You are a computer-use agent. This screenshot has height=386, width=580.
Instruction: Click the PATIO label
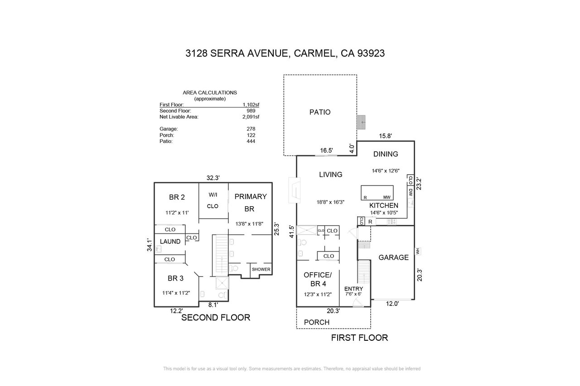tap(320, 112)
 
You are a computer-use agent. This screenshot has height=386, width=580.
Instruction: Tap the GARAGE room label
tap(394, 257)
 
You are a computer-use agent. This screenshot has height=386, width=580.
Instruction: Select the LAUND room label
tap(170, 242)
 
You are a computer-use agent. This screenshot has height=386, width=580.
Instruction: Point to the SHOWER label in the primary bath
tap(261, 269)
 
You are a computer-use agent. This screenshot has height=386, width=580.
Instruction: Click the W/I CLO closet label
tap(213, 200)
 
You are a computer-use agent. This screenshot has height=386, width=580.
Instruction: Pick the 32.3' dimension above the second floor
tap(213, 178)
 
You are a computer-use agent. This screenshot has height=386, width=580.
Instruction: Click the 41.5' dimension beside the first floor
tap(292, 232)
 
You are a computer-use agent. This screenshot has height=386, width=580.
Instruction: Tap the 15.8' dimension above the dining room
tap(386, 136)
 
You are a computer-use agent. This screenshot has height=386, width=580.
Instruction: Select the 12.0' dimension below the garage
tap(392, 304)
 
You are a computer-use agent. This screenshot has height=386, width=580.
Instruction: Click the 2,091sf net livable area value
tap(251, 117)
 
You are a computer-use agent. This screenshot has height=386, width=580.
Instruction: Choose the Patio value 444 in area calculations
tap(251, 141)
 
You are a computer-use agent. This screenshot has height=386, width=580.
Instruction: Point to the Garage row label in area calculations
tap(169, 129)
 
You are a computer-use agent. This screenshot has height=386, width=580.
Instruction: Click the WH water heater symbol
tap(417, 251)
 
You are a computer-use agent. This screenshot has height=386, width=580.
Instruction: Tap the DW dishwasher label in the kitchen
tap(411, 192)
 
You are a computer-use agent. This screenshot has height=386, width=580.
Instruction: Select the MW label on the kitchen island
tap(387, 197)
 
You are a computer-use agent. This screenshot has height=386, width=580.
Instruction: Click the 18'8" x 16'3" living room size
tap(330, 202)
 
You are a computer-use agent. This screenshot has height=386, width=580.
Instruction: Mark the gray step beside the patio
tap(361, 122)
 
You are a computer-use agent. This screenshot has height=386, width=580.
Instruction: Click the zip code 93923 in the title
tap(371, 53)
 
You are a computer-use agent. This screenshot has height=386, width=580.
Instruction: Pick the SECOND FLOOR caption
tap(216, 318)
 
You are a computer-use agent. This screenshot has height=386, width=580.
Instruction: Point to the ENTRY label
tap(354, 289)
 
